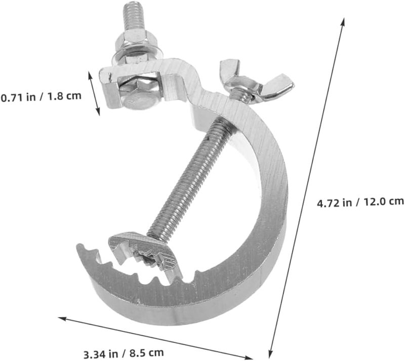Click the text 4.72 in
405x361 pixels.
pyautogui.click(x=335, y=202)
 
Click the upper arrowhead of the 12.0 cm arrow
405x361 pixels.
pyautogui.click(x=343, y=22)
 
